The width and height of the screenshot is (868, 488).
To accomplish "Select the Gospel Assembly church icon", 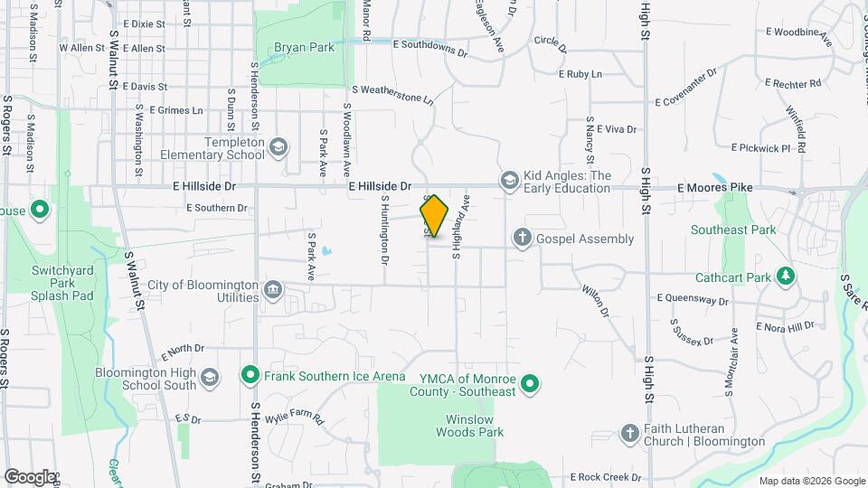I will click(x=522, y=239).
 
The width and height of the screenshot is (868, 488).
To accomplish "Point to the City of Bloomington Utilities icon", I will click(x=272, y=290).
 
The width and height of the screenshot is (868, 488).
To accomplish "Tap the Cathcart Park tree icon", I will click(x=787, y=277).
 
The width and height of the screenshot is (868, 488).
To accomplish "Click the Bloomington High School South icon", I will click(x=210, y=378).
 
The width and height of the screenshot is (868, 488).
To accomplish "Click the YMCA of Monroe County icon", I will click(x=531, y=384).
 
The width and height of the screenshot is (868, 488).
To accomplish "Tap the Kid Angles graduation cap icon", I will click(x=509, y=182).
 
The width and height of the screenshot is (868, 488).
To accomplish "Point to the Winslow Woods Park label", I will click(x=474, y=427).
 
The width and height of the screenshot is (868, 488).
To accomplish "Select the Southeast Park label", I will click(x=733, y=230).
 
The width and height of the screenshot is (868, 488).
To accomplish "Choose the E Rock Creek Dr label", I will click(x=599, y=477).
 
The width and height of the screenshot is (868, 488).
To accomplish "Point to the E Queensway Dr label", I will click(x=693, y=299).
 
